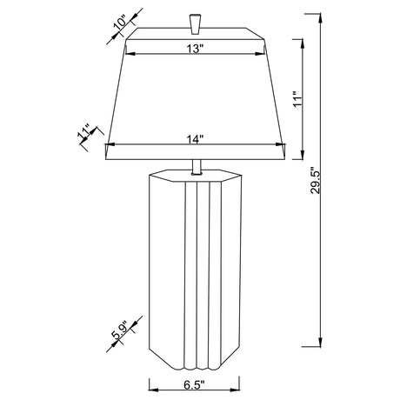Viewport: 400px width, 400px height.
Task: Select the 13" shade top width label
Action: tap(194, 50)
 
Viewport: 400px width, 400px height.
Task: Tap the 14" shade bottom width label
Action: tap(196, 137)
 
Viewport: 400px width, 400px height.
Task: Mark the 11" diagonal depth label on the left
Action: tap(85, 133)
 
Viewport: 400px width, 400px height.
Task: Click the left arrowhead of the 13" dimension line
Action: tap(131, 55)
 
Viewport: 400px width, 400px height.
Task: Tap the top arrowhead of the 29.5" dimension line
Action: tap(323, 14)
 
